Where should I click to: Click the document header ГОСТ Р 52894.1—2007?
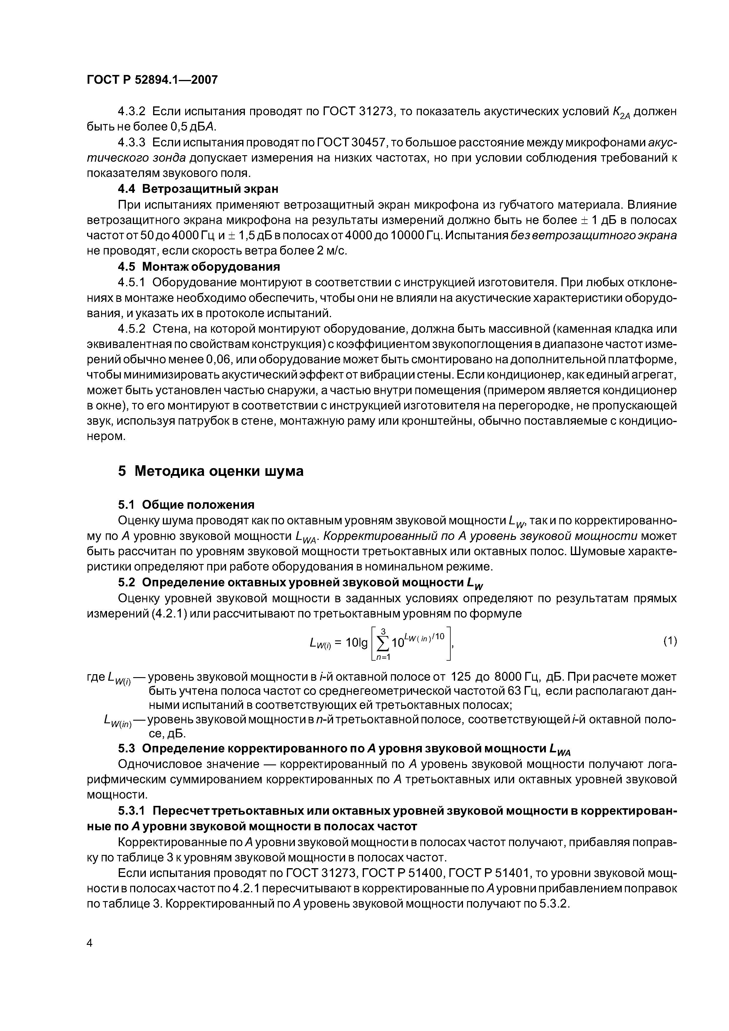152,80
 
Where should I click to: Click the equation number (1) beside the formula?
670,641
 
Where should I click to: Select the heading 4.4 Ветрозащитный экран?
198,189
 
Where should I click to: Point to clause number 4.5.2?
132,329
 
